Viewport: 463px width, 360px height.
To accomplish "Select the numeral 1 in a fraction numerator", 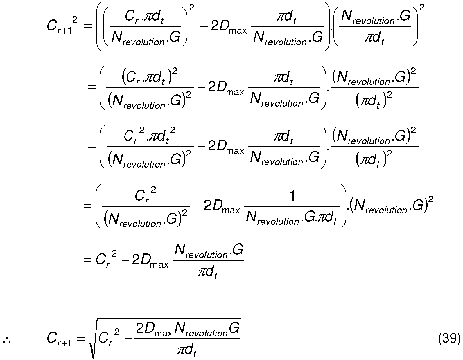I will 292,197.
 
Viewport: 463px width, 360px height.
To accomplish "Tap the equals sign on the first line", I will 87,26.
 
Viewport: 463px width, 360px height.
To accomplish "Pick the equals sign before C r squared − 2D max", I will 87,260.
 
